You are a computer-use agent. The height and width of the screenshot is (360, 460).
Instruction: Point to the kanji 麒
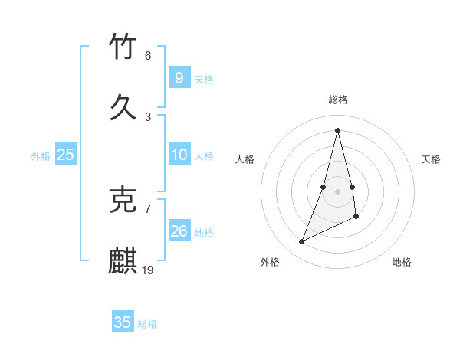tap(123, 260)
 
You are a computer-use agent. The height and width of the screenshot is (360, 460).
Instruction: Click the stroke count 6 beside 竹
tap(148, 56)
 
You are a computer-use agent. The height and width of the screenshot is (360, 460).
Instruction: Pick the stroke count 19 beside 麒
tap(149, 270)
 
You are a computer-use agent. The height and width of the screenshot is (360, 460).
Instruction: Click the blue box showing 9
tap(179, 77)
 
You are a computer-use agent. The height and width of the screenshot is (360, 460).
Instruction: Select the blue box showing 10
tap(179, 155)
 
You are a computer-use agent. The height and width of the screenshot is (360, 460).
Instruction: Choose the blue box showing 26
tap(179, 231)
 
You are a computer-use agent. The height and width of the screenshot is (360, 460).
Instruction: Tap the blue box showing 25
tap(66, 155)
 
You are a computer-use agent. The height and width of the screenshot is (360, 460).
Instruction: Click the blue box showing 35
tap(123, 322)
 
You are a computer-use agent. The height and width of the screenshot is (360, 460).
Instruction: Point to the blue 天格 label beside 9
tap(204, 80)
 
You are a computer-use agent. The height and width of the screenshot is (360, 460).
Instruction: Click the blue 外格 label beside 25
tap(41, 156)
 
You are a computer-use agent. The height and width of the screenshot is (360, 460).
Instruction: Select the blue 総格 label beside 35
tap(147, 324)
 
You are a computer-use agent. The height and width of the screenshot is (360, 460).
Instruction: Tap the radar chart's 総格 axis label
tap(338, 100)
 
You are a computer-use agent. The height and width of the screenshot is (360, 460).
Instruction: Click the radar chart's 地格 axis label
tap(402, 262)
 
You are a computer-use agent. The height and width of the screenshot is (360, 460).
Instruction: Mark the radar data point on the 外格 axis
tap(301, 242)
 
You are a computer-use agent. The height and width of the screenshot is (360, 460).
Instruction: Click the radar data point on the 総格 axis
tap(338, 129)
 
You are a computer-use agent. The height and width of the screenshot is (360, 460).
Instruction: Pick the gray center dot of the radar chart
tap(338, 191)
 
